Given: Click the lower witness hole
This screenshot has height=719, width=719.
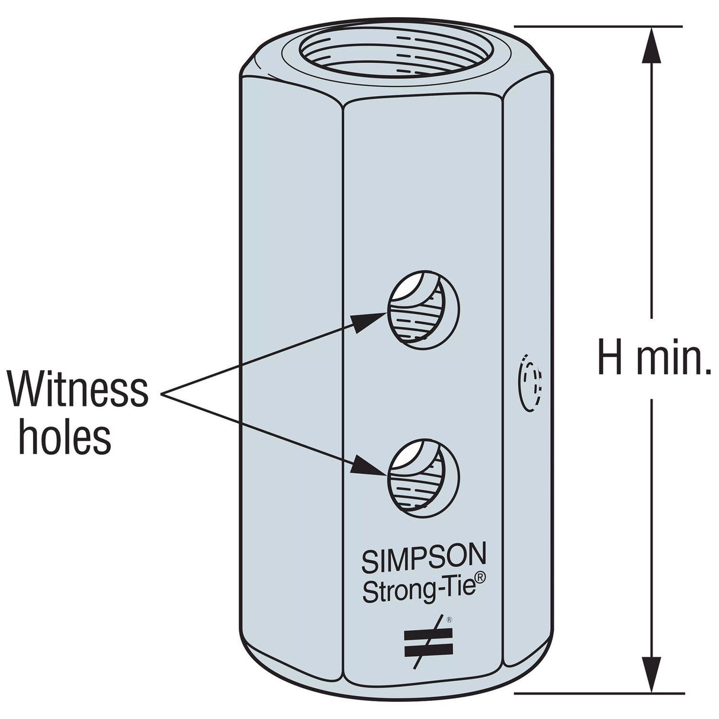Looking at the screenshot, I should tap(422, 475).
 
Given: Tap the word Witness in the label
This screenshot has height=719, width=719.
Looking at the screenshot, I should tap(78, 389).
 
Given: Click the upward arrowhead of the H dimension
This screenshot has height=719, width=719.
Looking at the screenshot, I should tap(652, 44).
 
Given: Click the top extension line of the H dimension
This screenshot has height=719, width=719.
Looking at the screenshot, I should tap(598, 26).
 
